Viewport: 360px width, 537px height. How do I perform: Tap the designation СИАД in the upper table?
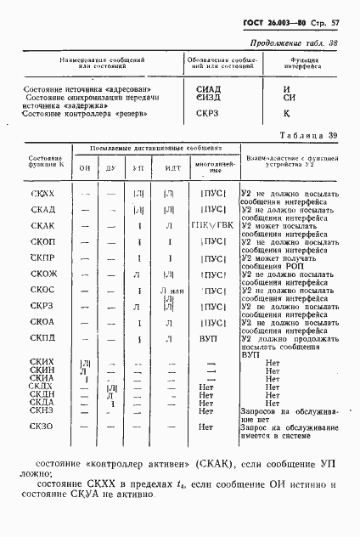tap(209, 88)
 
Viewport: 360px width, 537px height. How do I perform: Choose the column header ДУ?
tap(111, 168)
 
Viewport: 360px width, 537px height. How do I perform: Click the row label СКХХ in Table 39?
tap(42, 195)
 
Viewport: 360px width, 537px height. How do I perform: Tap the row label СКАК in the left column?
tap(42, 226)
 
